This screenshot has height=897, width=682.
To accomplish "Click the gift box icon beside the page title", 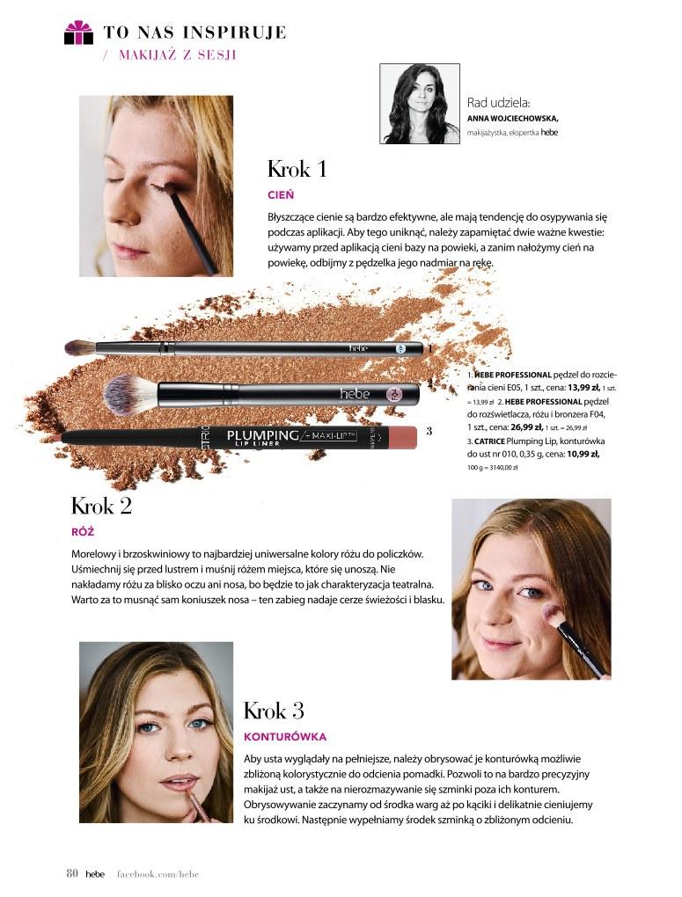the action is click(x=78, y=32).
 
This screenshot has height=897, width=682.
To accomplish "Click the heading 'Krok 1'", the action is click(x=297, y=170).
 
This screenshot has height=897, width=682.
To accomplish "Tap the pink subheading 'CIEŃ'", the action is click(x=281, y=194).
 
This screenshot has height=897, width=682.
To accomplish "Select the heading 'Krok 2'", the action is click(x=101, y=506).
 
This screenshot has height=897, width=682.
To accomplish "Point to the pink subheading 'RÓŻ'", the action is click(x=83, y=531).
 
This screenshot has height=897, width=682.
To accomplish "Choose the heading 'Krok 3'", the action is click(x=274, y=711).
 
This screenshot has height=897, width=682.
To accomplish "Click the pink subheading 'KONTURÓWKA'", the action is click(x=285, y=736).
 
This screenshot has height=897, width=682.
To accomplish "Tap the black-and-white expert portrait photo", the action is click(x=420, y=104).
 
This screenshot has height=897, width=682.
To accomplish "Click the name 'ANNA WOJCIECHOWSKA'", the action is click(x=512, y=119).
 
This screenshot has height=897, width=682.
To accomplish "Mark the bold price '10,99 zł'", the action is click(x=583, y=455).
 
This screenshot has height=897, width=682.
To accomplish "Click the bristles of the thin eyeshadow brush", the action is click(x=80, y=346).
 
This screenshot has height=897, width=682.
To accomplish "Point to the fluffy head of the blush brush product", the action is click(x=130, y=394).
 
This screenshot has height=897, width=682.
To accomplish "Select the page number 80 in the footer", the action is click(x=72, y=873).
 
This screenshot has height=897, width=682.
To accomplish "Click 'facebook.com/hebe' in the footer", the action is click(x=158, y=873).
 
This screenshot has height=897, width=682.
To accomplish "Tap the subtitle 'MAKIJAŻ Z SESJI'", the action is click(x=178, y=55).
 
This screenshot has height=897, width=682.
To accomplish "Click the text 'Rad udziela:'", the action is click(x=499, y=103).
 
